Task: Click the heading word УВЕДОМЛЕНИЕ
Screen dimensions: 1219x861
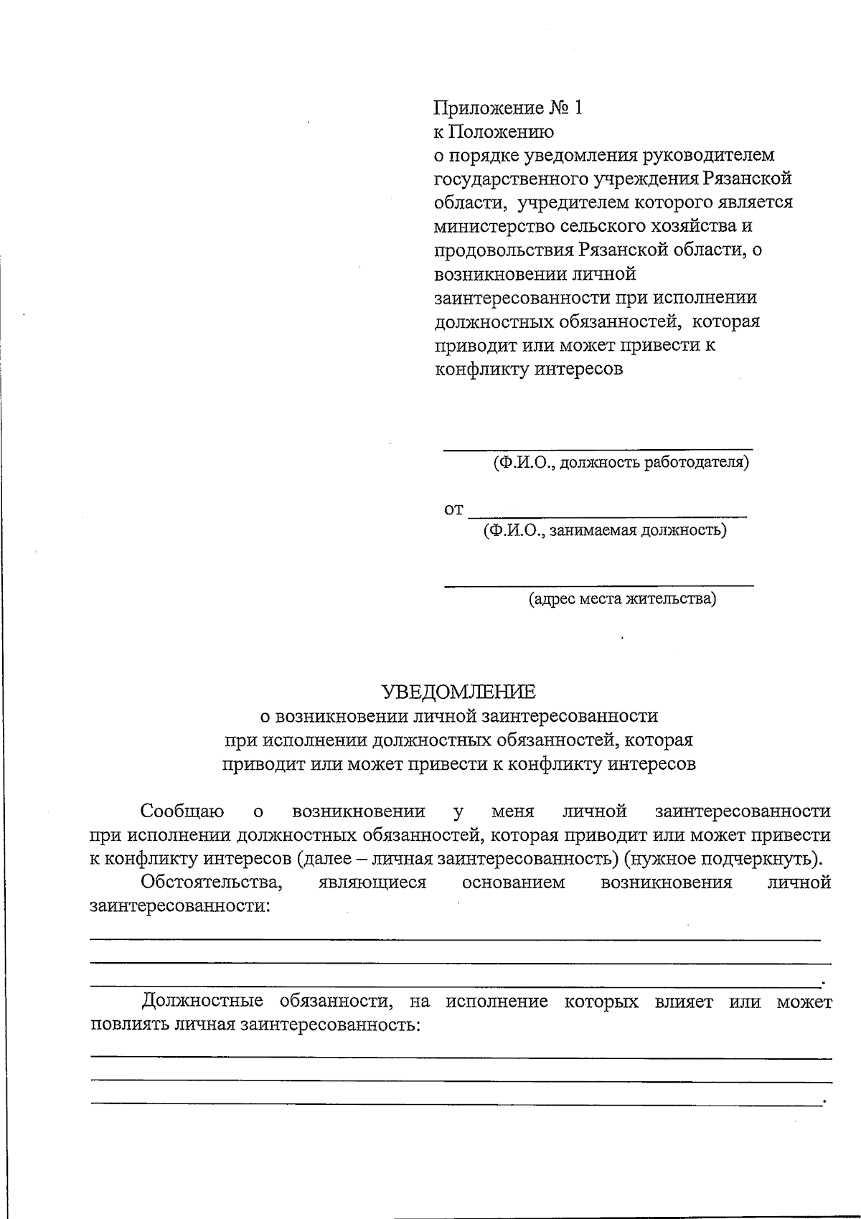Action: tap(458, 692)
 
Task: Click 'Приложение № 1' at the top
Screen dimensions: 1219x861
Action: tap(508, 108)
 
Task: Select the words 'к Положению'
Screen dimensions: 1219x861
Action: tap(494, 132)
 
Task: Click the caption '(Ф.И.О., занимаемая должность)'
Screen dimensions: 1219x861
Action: tap(605, 531)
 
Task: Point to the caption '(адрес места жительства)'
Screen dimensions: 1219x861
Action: tap(622, 598)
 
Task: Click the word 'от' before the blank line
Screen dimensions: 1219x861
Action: tap(453, 510)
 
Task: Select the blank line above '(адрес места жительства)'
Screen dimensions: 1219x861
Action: tap(598, 585)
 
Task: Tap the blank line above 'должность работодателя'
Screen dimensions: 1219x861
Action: tap(598, 449)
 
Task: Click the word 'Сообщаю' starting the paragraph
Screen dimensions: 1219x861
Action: tap(182, 811)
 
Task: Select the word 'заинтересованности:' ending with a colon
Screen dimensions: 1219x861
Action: tap(180, 906)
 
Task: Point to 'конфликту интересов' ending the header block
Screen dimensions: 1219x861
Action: tap(529, 370)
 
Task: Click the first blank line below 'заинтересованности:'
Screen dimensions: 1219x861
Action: tap(455, 939)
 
